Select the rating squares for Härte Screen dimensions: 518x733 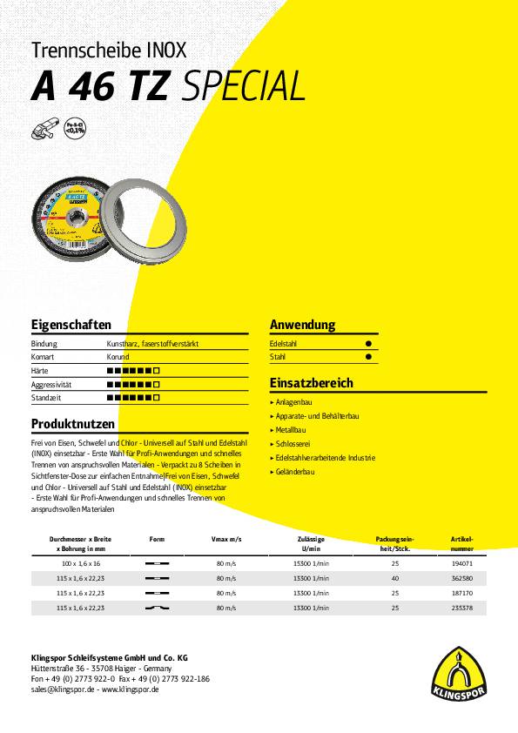pyautogui.click(x=133, y=370)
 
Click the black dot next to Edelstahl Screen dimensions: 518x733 pyautogui.click(x=367, y=345)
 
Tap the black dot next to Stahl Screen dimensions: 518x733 pyautogui.click(x=367, y=357)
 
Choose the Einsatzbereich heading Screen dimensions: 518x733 pyautogui.click(x=311, y=383)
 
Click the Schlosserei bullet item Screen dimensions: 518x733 pyautogui.click(x=294, y=443)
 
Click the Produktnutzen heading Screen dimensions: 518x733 pyautogui.click(x=73, y=424)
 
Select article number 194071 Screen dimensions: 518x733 pyautogui.click(x=461, y=565)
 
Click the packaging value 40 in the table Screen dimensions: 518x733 pyautogui.click(x=395, y=578)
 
